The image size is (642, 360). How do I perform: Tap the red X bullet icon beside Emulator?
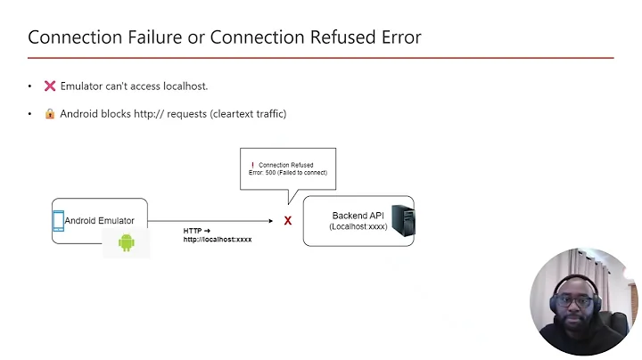click(50, 86)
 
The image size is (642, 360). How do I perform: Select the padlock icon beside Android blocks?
click(50, 114)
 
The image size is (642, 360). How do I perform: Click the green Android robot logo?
click(126, 241)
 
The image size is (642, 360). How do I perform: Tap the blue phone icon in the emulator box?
click(58, 220)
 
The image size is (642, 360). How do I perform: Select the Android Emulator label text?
click(99, 220)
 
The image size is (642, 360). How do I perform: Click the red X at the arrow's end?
click(288, 220)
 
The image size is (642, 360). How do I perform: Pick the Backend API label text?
click(357, 216)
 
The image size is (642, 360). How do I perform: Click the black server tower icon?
click(405, 220)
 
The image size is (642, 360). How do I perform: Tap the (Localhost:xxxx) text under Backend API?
click(358, 227)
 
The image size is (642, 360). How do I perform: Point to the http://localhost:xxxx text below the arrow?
click(218, 240)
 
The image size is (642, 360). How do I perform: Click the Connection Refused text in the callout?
click(285, 165)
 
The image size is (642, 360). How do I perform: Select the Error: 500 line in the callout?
click(287, 173)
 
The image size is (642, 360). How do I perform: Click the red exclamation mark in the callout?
click(252, 165)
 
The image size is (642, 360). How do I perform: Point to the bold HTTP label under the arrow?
click(193, 231)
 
